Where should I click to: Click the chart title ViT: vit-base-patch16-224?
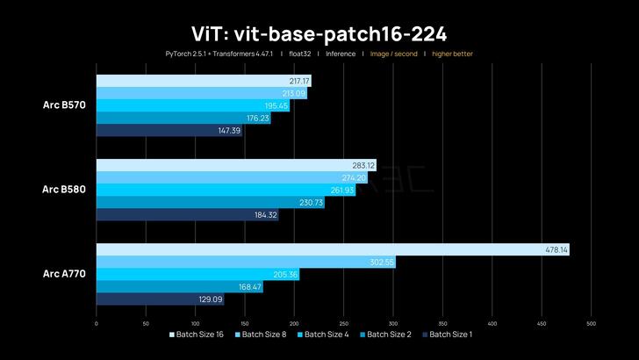point(319,33)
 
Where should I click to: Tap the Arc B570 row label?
point(64,105)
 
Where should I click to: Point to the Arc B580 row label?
point(64,190)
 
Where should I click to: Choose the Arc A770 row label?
point(64,274)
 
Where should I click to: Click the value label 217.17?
point(299,81)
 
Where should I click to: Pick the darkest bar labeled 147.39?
point(169,130)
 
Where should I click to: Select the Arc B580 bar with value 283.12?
point(235,165)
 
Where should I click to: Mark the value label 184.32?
point(266,214)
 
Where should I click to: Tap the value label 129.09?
point(212,299)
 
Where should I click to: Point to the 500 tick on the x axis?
point(591,322)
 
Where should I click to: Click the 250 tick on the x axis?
point(343,322)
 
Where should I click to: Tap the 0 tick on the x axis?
point(96,322)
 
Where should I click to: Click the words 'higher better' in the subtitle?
point(452,54)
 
